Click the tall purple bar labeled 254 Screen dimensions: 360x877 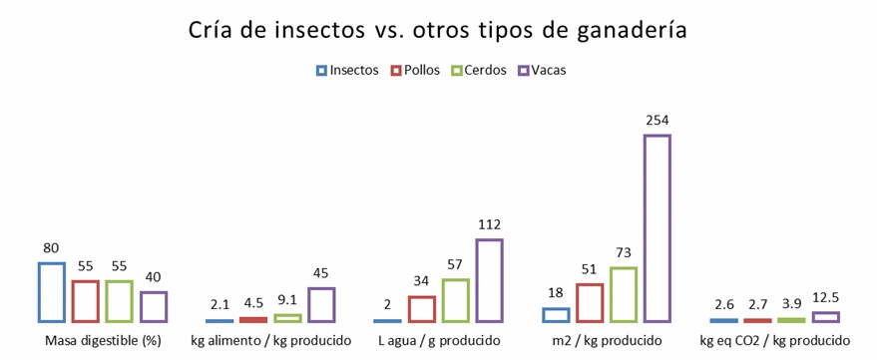coord(658,228)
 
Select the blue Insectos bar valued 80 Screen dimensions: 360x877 coord(52,292)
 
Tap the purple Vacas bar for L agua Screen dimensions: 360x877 coord(489,280)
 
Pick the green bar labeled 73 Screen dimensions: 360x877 coord(624,295)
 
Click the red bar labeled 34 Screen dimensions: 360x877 coord(422,309)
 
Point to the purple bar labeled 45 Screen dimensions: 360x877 coord(321,305)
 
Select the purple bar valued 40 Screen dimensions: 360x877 coord(154,307)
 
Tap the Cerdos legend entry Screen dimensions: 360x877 coord(479,71)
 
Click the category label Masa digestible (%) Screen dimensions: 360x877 coord(103,341)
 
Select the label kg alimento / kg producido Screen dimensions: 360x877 coord(270,341)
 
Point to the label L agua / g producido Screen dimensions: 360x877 coord(438,341)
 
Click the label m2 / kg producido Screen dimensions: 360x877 coord(607,341)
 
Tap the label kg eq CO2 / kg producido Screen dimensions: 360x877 coord(774,341)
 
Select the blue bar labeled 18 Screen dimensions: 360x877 coord(556,315)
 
